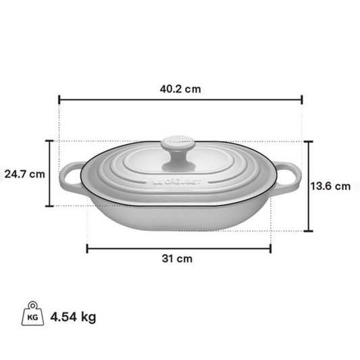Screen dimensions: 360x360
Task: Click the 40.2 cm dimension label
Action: (x=180, y=88)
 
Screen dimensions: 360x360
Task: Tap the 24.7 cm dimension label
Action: (x=24, y=174)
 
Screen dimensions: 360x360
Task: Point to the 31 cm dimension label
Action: (x=179, y=259)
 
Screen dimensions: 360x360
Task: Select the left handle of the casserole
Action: (x=71, y=176)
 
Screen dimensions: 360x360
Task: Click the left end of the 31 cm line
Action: (x=87, y=248)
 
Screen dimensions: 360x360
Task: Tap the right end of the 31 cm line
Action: (x=271, y=248)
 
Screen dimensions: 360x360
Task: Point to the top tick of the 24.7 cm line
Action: (x=49, y=140)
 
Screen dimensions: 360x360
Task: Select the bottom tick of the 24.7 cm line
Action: (x=49, y=207)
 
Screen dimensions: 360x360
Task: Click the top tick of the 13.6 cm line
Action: (x=309, y=141)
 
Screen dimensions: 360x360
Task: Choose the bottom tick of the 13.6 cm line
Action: (x=309, y=231)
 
